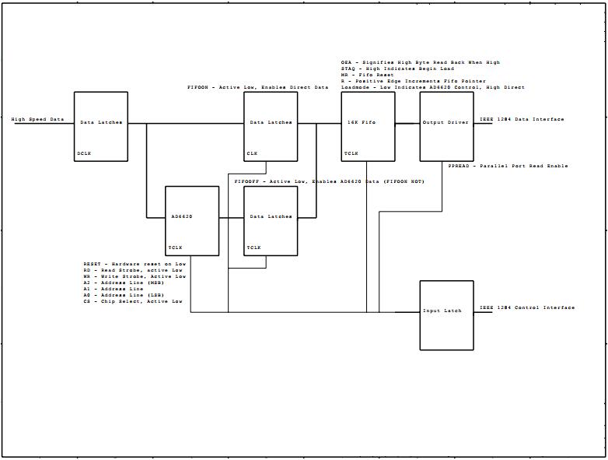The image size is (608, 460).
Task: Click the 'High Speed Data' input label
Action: pos(38,120)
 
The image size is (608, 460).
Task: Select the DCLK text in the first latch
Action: pos(85,153)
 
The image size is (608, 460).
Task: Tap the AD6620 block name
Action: pos(181,217)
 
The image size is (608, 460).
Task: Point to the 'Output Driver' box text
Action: pos(446,123)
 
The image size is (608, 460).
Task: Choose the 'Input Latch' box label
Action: pos(442,311)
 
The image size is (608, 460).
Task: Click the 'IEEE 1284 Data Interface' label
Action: pos(522,119)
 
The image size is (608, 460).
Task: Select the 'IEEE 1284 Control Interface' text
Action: pos(526,307)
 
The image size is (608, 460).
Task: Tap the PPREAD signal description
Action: pos(508,166)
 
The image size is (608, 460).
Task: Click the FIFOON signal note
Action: pos(257,88)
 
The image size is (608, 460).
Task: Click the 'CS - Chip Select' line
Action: pos(133,301)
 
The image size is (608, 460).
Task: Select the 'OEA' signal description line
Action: pos(420,62)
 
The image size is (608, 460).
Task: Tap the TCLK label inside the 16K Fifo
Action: pos(351,153)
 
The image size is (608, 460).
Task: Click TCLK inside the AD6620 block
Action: pos(176,248)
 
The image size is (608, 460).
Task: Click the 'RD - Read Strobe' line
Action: pos(134,271)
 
